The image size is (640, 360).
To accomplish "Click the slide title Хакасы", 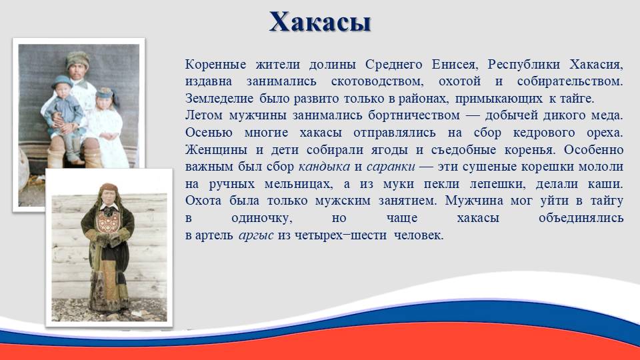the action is coord(320,22).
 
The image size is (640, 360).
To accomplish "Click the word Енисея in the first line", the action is coord(454,65).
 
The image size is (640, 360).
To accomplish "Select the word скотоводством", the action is coord(377,81).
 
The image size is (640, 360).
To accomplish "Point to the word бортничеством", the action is coord(414,115).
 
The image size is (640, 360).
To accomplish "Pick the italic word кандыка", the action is coord(324,167).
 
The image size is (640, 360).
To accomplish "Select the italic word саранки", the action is coord(391,167).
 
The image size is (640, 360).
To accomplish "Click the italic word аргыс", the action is coord(256,235).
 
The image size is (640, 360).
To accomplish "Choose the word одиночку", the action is coord(261,219).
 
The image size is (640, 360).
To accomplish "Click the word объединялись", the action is coord(581,219).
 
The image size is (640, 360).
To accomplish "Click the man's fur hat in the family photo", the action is coord(77,59).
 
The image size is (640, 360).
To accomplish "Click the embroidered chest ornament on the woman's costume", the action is coord(108,221).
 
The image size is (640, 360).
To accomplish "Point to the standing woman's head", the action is coord(108,194).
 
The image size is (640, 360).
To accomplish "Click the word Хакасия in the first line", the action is coord(596,65).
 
